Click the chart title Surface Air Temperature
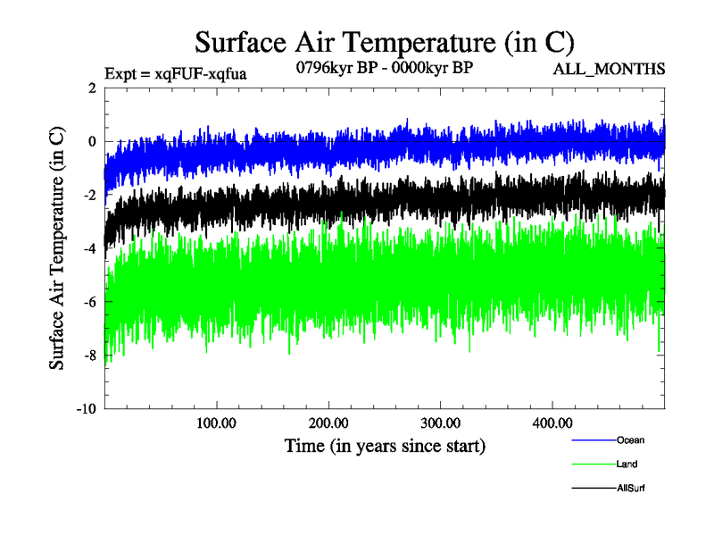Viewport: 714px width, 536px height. pyautogui.click(x=384, y=42)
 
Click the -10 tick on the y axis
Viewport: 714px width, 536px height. pyautogui.click(x=86, y=409)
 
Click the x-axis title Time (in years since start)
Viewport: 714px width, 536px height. pyautogui.click(x=385, y=445)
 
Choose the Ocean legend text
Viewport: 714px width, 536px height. pyautogui.click(x=630, y=440)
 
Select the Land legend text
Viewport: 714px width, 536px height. pyautogui.click(x=627, y=465)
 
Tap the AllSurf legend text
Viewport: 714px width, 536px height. pyautogui.click(x=631, y=489)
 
